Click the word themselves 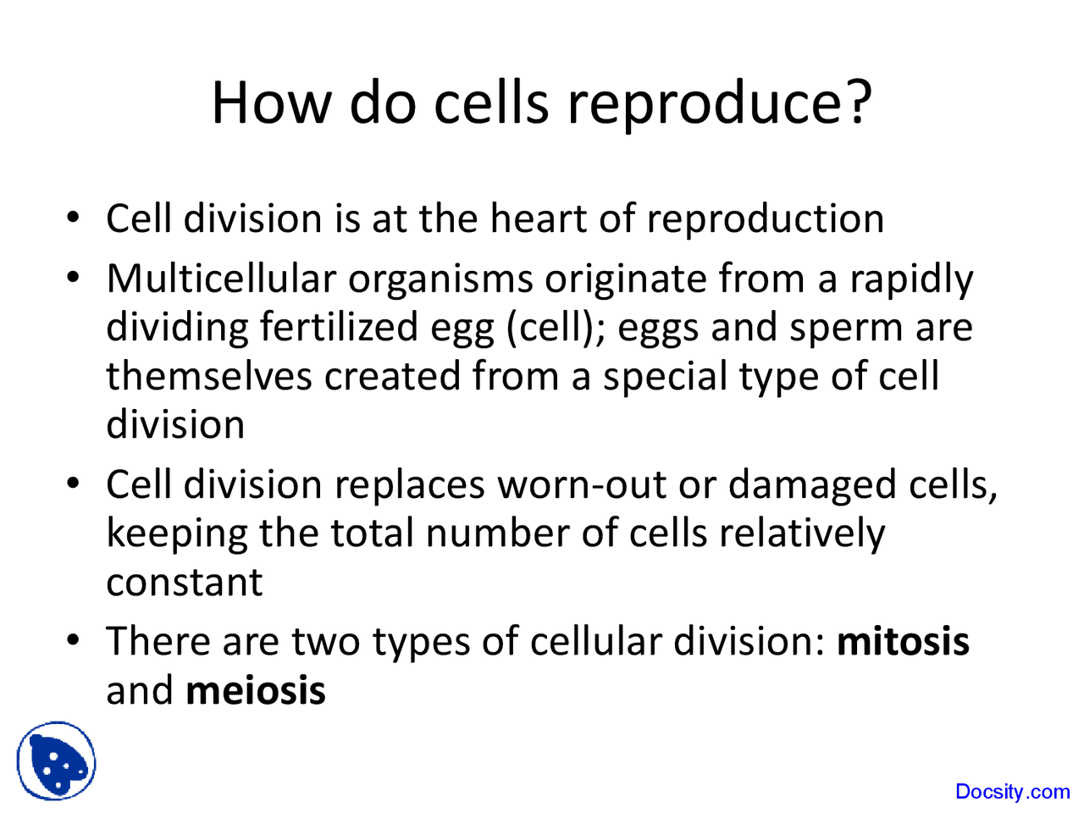pos(208,376)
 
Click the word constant pos(184,582)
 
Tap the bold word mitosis pos(903,641)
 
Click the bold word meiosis pos(255,690)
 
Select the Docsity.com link pos(1012,792)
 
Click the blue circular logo pos(57,761)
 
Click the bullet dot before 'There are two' pos(74,638)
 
